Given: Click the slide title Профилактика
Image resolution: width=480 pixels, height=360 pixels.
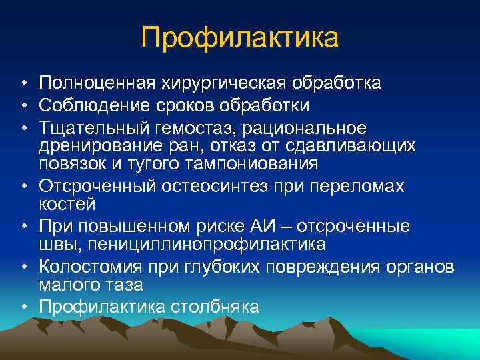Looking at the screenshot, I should pyautogui.click(x=240, y=37).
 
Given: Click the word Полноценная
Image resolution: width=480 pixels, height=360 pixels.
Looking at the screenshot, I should pyautogui.click(x=96, y=83).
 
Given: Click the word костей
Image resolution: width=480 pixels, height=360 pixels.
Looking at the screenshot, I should pyautogui.click(x=67, y=203).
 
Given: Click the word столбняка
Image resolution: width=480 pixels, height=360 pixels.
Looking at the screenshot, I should pyautogui.click(x=215, y=306).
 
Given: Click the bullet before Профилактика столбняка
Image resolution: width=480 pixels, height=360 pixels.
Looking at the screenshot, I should pyautogui.click(x=23, y=307).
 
